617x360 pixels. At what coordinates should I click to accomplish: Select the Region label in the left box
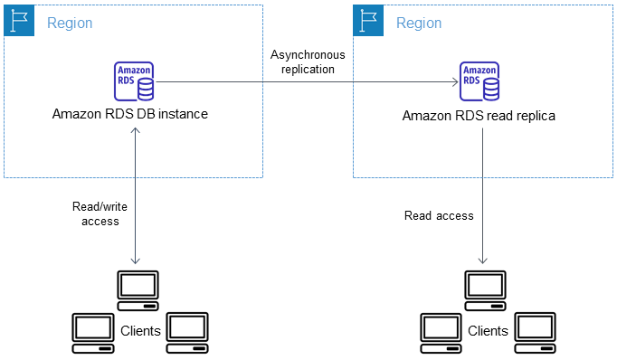pos(70,23)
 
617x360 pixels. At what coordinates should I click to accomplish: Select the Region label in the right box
pos(418,23)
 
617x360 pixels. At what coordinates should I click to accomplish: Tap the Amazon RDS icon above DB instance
pos(134,81)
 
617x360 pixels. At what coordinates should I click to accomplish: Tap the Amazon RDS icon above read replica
pos(480,81)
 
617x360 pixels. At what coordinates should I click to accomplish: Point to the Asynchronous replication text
pos(302,62)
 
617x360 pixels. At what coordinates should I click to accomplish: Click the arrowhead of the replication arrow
pos(454,82)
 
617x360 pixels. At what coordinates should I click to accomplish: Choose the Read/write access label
pos(95,213)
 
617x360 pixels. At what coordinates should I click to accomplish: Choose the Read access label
pos(439,215)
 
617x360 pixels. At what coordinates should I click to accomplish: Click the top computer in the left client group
pos(138,286)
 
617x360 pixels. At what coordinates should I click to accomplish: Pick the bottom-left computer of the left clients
pos(92,329)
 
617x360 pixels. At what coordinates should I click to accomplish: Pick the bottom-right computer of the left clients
pos(187,329)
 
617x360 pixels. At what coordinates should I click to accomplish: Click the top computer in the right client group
pos(485,286)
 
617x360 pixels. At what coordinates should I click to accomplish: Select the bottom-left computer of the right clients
pos(441,329)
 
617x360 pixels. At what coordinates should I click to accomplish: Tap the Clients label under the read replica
pos(488,331)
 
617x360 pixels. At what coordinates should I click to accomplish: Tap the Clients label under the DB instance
pos(140,331)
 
